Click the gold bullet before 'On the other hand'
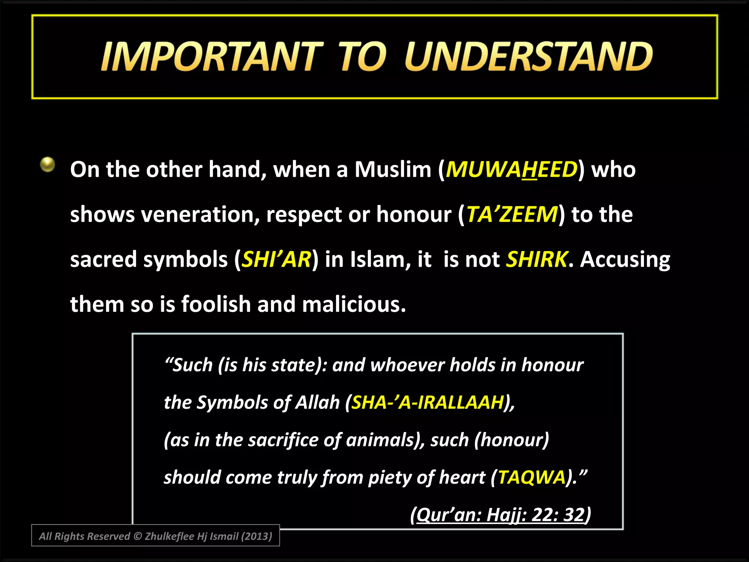point(48,164)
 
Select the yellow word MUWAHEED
point(511,170)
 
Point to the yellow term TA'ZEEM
point(512,214)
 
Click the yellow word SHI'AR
point(276,259)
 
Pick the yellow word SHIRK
point(537,259)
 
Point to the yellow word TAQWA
point(532,477)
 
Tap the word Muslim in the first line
point(393,170)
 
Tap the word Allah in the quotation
point(317,402)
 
